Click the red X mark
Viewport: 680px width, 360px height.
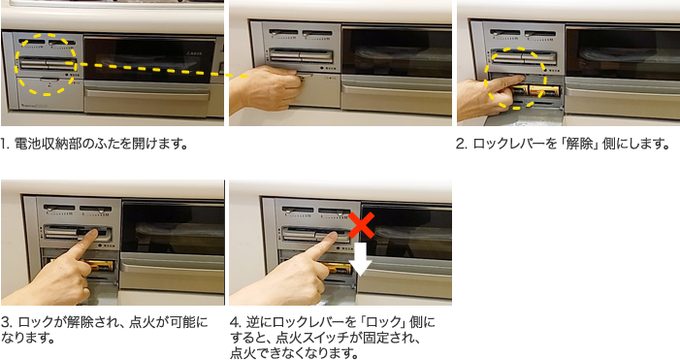pos(361,225)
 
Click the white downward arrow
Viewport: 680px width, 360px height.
pos(361,258)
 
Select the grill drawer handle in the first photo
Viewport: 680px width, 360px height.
pos(147,94)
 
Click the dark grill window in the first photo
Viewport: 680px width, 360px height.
pos(148,59)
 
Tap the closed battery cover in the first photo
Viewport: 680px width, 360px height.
pos(49,94)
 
